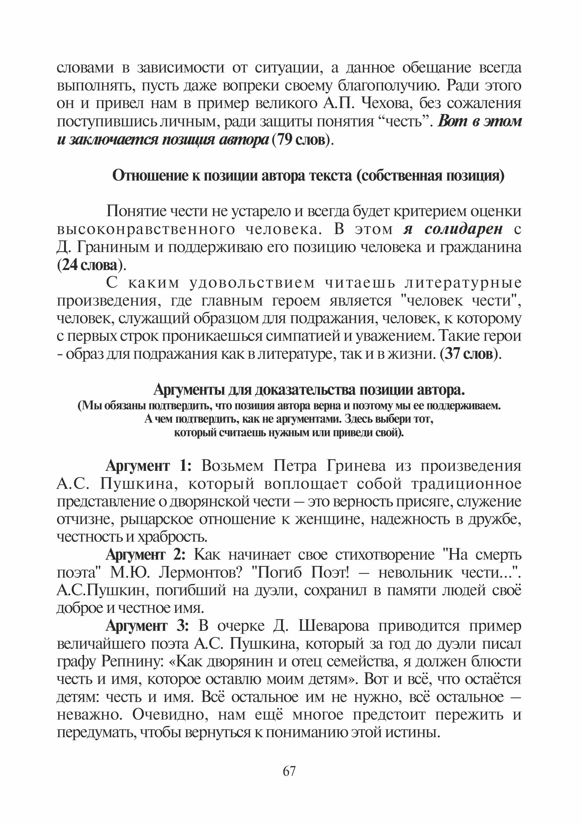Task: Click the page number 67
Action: click(289, 771)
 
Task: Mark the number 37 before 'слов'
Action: click(453, 354)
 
